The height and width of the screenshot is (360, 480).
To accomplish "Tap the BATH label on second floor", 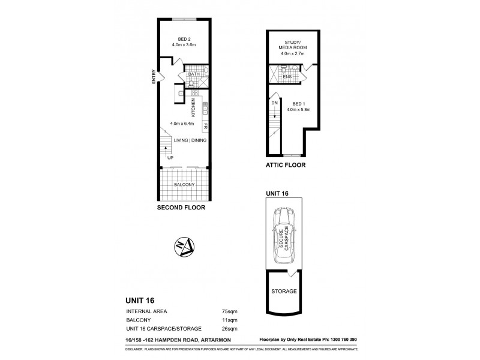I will (193, 74).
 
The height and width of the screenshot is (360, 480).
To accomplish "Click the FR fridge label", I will (205, 126).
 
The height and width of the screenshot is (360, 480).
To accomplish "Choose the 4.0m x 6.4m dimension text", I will (183, 124).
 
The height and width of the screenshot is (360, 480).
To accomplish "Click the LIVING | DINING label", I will (190, 140).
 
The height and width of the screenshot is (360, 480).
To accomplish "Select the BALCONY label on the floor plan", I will (184, 185).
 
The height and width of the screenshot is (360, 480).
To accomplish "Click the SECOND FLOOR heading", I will (181, 208).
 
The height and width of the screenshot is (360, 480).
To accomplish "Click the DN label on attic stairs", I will (274, 103).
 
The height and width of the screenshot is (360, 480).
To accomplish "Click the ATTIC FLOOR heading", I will (285, 164).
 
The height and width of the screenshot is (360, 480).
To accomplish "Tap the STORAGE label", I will (284, 291).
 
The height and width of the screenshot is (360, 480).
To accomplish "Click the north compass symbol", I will (183, 246).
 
